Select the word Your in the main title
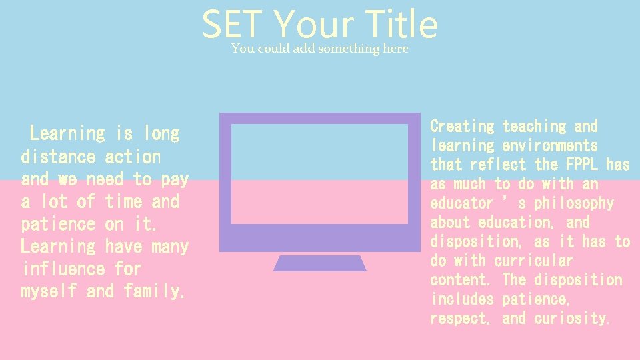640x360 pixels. click(x=313, y=26)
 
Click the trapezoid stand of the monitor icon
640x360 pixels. click(x=320, y=263)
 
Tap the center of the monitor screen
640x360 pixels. click(x=319, y=173)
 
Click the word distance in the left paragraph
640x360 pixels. click(x=59, y=157)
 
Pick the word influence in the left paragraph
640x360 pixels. click(x=63, y=269)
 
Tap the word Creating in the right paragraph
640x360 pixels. click(x=462, y=126)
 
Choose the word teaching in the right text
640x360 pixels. click(x=533, y=126)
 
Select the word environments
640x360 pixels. click(x=550, y=145)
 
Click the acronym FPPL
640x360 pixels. click(x=582, y=164)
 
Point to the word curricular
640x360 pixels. click(x=533, y=261)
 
